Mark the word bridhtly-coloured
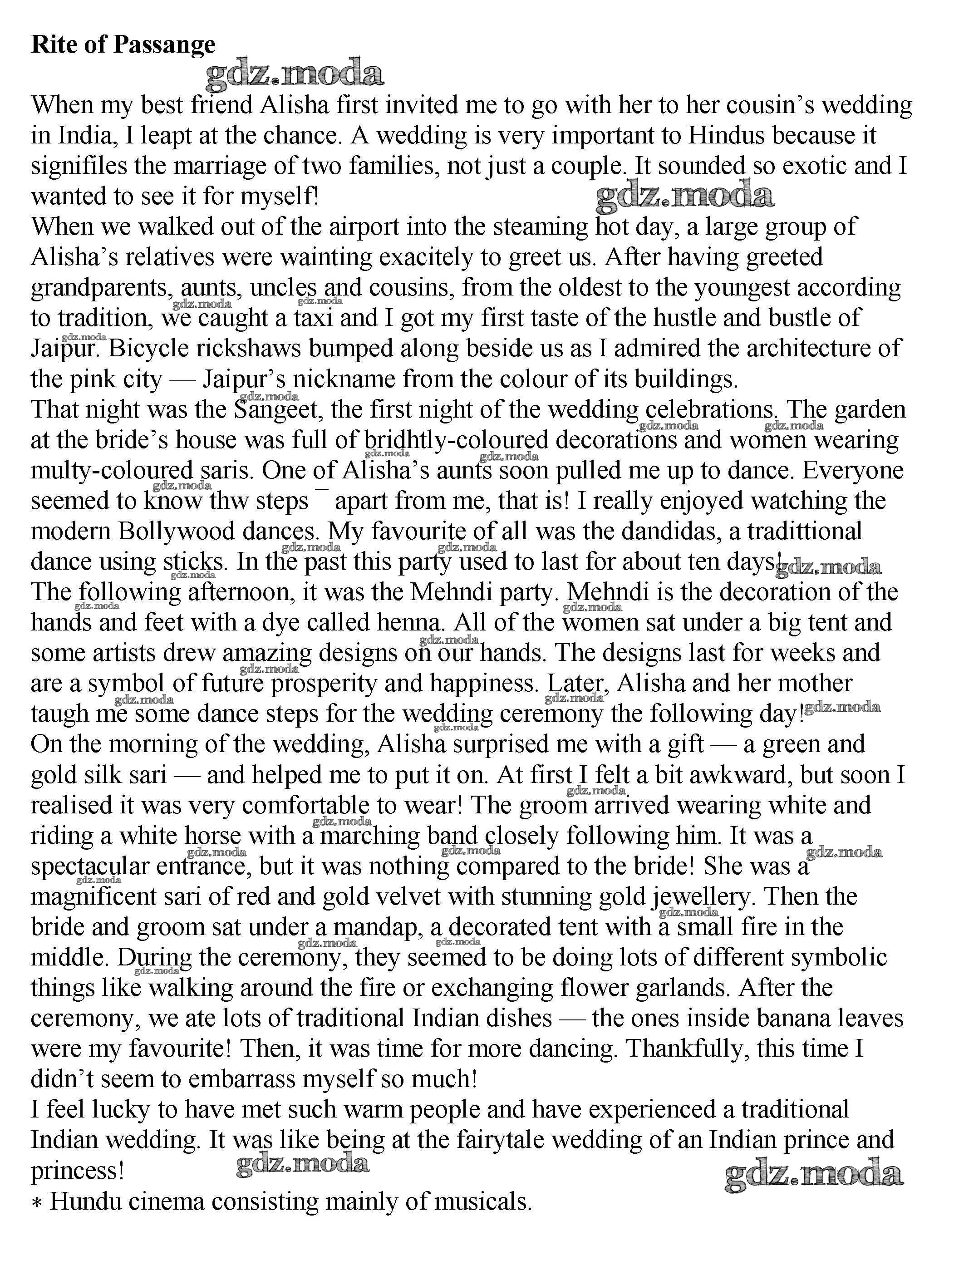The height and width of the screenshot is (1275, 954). coord(457,441)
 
